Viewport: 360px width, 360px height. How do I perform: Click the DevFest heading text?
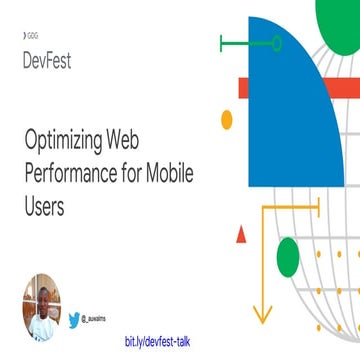pyautogui.click(x=46, y=58)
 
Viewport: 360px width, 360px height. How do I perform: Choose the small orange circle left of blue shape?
pyautogui.click(x=226, y=119)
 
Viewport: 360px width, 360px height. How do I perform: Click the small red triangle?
pyautogui.click(x=240, y=234)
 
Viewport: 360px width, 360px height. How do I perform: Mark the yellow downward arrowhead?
pyautogui.click(x=265, y=308)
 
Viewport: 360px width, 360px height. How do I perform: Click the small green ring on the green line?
pyautogui.click(x=278, y=42)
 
